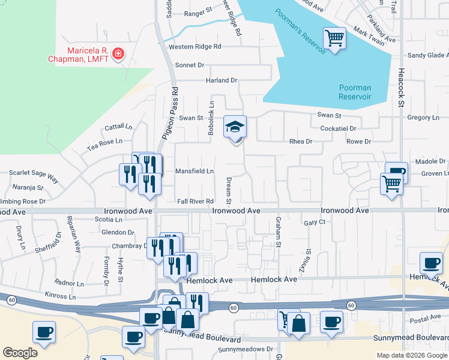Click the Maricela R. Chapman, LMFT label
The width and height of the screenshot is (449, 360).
pos(79,55)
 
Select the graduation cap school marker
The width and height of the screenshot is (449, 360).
pos(235,127)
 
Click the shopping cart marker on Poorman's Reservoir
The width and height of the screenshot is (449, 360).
pos(335,40)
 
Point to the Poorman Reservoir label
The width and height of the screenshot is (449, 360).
pos(355,92)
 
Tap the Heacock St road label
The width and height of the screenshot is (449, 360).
pos(401,87)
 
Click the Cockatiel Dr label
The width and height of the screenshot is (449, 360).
pos(339,128)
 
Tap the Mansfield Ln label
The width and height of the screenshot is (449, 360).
pos(194,171)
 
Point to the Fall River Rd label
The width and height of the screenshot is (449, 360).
pos(196,201)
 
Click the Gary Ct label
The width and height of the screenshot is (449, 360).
pos(315,222)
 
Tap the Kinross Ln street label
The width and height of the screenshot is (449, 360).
pos(61,296)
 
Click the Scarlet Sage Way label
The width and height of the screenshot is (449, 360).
pos(34,178)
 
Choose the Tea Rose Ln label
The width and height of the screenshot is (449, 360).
pos(104,142)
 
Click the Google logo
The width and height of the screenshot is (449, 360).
pos(20,353)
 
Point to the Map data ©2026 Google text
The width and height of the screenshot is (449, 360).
pos(412,355)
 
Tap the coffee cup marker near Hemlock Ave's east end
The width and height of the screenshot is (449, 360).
pos(431,263)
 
